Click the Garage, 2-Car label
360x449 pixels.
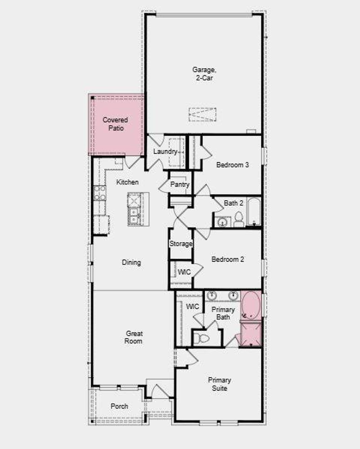coord(204,74)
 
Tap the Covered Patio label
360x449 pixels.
coord(115,124)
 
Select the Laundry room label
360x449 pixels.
coord(165,152)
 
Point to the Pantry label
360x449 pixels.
coord(180,185)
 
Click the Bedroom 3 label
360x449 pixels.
coord(232,165)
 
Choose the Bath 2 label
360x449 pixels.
coord(233,203)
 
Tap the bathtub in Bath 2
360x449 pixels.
coord(254,211)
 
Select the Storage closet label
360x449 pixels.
coord(181,244)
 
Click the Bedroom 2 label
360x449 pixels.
coord(228,259)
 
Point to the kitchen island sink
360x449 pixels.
coord(134,215)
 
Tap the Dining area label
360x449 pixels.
coord(131,262)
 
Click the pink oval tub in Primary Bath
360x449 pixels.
coord(251,305)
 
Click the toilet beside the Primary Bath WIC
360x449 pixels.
coord(202,339)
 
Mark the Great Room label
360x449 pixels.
coord(134,337)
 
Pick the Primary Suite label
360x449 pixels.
coord(219,384)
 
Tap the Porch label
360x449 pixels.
coord(119,406)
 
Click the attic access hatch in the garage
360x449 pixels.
coord(202,114)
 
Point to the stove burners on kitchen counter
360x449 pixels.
coord(100,193)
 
